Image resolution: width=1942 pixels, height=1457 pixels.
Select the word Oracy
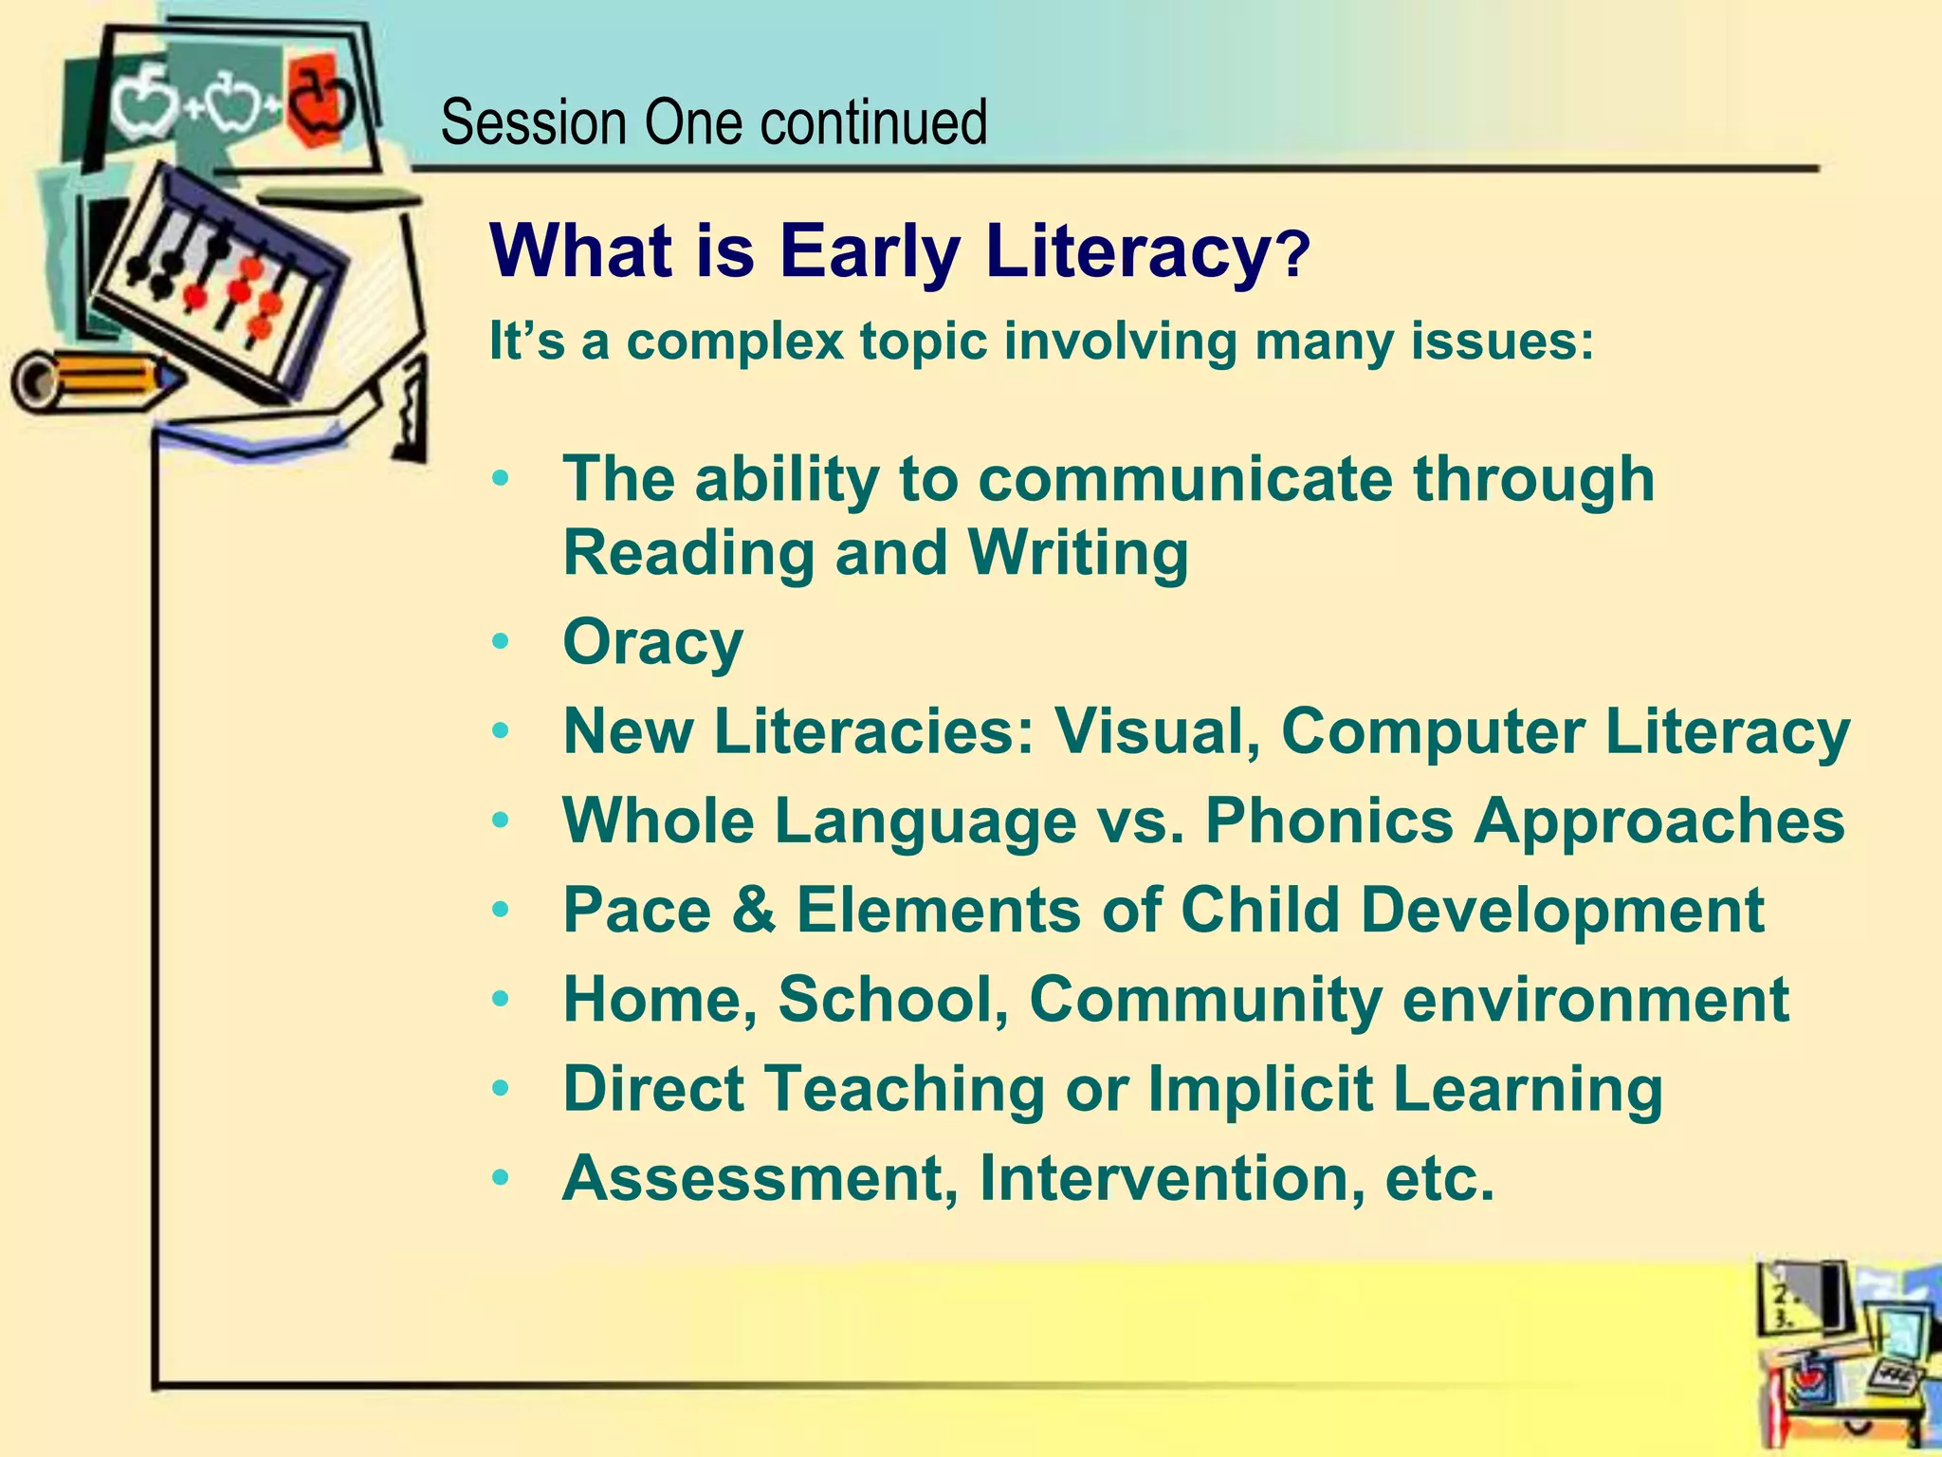652,643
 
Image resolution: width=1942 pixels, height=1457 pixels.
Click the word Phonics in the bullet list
1328,821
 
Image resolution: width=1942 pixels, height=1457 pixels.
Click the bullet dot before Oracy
502,643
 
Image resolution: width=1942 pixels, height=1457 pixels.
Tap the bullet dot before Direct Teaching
502,1089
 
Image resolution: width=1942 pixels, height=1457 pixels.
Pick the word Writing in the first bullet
1077,553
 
